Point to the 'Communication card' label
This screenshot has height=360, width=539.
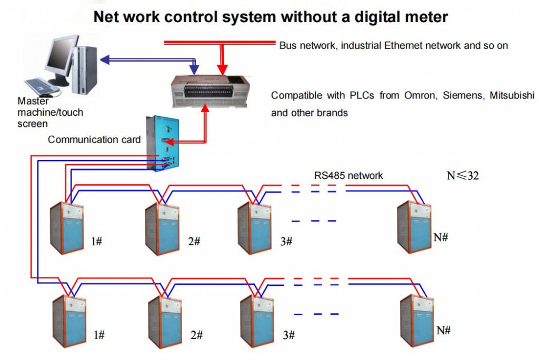click(94, 139)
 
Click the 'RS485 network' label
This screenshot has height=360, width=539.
click(348, 175)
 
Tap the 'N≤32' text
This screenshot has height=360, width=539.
click(463, 175)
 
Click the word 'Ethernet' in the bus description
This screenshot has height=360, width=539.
click(404, 45)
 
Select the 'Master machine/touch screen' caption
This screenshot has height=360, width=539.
click(50, 112)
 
